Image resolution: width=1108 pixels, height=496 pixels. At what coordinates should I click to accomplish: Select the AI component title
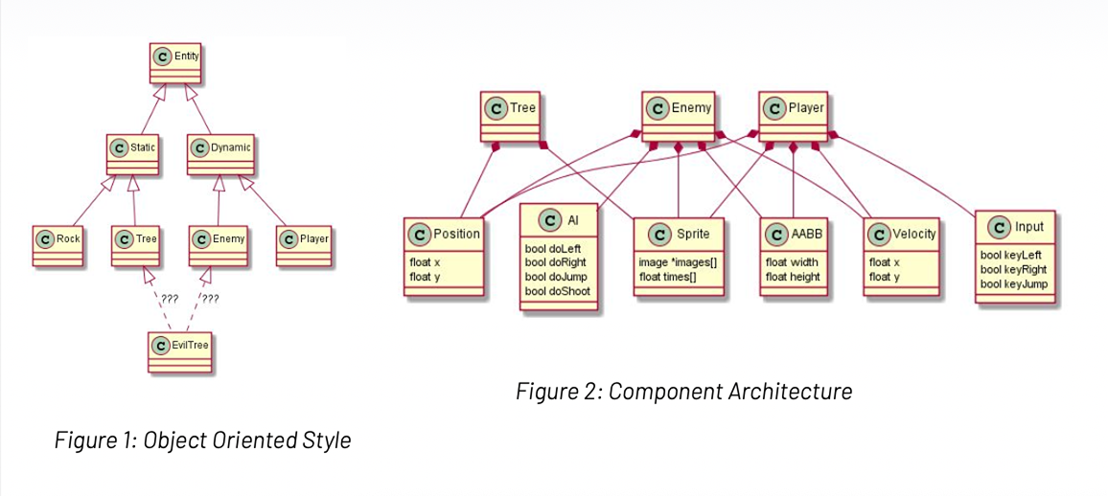tap(560, 221)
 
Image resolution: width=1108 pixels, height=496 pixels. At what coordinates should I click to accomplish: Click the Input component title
tap(1015, 227)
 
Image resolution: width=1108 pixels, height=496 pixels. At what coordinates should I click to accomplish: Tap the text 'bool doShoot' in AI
tap(558, 291)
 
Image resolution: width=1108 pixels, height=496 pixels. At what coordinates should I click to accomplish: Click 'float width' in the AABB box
tap(792, 262)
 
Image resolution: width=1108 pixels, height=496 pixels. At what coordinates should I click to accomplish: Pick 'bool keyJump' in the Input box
tap(1013, 284)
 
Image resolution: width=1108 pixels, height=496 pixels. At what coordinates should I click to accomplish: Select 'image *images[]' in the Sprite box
tap(678, 262)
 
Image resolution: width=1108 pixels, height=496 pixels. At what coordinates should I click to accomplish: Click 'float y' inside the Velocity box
tap(884, 278)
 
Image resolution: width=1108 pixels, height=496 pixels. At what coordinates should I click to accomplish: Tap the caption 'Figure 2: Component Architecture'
tap(683, 392)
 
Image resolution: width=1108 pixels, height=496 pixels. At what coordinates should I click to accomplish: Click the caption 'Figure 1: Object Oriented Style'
tap(202, 440)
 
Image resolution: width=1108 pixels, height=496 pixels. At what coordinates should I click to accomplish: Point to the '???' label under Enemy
tap(210, 299)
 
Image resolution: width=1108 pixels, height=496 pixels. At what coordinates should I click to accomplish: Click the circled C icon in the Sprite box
tap(659, 235)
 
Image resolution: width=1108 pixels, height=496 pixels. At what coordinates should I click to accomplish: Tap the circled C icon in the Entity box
tap(163, 57)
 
